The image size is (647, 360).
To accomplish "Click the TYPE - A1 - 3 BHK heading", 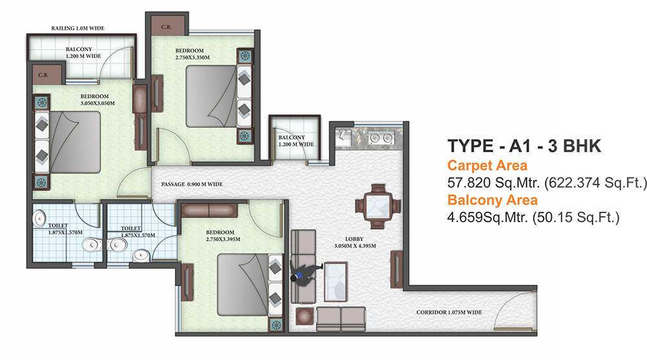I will point(525,146).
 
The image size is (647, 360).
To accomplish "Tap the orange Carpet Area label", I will point(487,166).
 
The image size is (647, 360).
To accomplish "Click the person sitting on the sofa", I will point(303,271).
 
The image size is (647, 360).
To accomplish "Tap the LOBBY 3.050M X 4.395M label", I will point(349,241).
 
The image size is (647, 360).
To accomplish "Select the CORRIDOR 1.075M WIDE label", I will point(450,313).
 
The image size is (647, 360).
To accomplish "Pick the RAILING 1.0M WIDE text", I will point(78,28).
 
